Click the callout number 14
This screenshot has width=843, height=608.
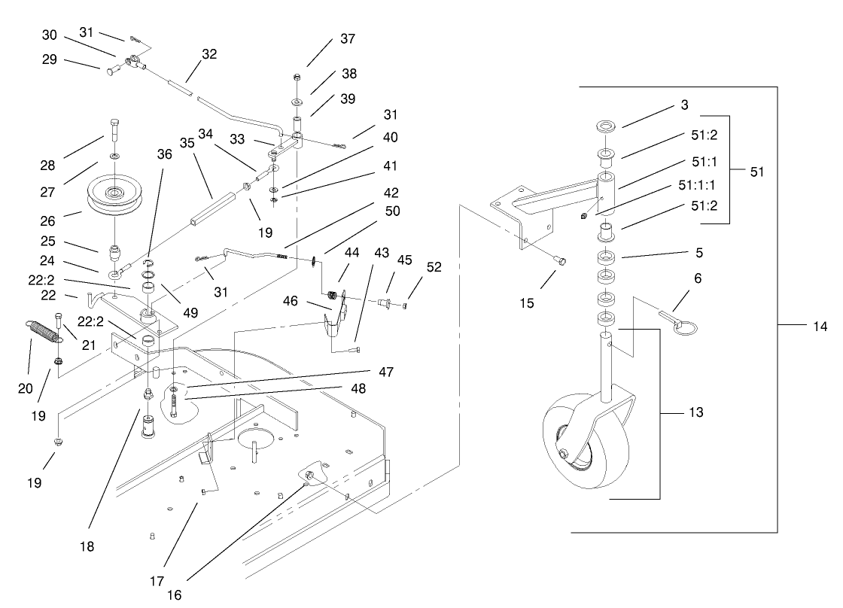[x=819, y=327]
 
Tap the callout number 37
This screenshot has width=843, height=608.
[x=348, y=38]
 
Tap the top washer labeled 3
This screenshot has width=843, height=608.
[x=607, y=125]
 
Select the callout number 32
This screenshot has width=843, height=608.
[x=208, y=54]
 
